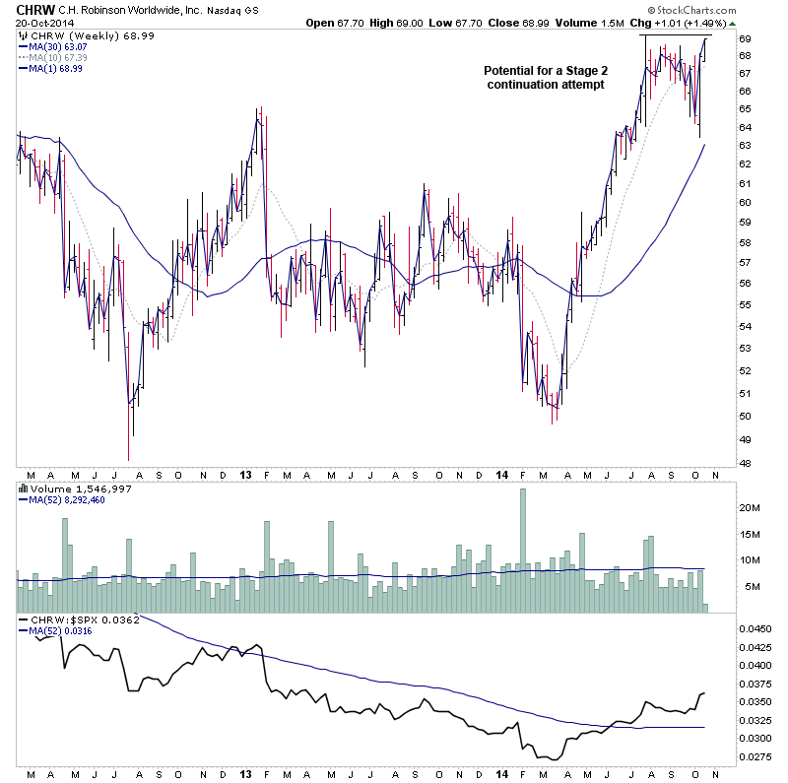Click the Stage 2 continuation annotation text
[x=544, y=78]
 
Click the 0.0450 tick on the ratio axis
[x=755, y=627]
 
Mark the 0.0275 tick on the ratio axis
[x=755, y=756]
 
